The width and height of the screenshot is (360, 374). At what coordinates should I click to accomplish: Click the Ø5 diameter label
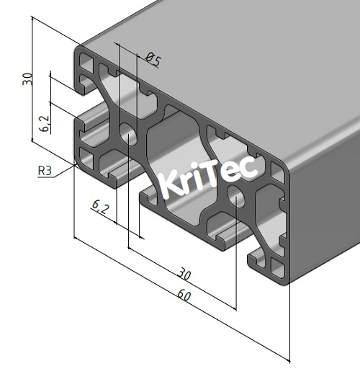(152, 60)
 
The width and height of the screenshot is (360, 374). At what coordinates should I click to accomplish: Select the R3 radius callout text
(45, 171)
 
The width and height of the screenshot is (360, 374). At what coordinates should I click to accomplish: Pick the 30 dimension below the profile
(184, 275)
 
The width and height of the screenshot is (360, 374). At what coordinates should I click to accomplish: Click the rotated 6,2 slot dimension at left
(44, 124)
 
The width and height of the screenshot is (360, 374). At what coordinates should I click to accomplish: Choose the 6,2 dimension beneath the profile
(100, 208)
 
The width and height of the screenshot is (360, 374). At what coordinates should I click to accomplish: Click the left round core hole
(129, 134)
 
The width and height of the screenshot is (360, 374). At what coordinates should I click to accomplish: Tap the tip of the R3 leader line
(78, 164)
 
